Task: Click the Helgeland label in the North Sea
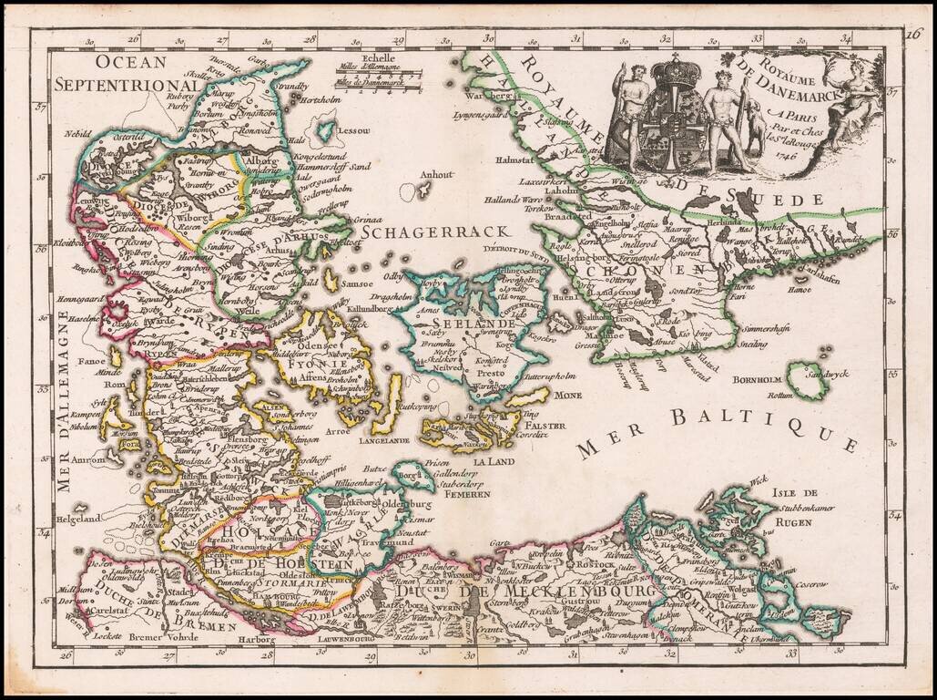(x=76, y=521)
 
